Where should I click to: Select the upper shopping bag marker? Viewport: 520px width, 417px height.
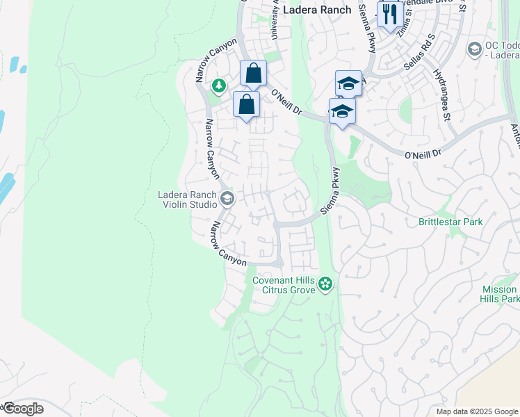tap(253, 73)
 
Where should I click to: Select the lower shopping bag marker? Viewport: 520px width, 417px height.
tap(246, 105)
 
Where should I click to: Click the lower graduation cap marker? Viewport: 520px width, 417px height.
tap(342, 112)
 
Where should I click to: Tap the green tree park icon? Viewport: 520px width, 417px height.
tap(220, 85)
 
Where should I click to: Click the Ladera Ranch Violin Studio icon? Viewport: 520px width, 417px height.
tap(227, 199)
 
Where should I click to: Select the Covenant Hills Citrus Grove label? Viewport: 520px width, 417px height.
tap(284, 284)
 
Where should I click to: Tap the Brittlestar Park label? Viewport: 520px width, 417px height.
tap(450, 222)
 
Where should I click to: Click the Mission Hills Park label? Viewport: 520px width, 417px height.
tap(499, 293)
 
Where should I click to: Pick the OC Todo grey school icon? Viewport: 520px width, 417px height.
tap(474, 49)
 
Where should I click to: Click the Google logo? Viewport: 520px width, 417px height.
tap(22, 409)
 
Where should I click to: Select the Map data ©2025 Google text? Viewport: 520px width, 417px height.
tap(477, 411)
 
